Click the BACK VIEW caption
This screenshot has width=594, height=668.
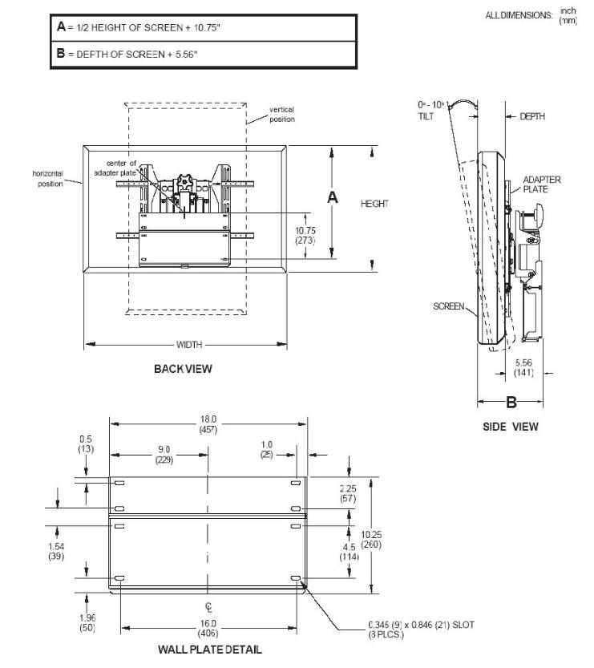point(183,369)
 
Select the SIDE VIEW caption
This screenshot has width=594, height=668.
point(511,427)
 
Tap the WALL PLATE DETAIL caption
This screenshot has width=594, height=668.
point(210,650)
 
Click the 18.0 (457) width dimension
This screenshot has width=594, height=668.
point(208,424)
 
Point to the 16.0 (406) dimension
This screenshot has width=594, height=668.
point(208,629)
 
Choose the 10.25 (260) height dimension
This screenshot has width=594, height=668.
point(371,540)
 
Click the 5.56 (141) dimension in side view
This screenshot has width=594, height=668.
point(523,367)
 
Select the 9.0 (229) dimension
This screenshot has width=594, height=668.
point(164,454)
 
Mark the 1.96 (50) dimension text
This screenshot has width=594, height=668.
point(87,622)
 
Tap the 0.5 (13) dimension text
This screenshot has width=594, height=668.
point(86,443)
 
